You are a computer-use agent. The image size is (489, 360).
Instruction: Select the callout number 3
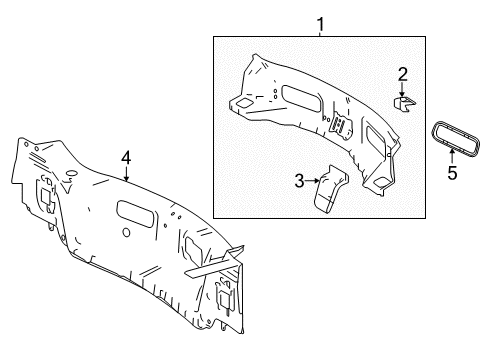click(x=298, y=180)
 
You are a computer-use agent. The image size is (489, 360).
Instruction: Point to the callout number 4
click(x=126, y=156)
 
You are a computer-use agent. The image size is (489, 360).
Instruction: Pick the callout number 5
click(x=451, y=172)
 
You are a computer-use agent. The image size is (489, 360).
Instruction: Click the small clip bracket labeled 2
click(x=403, y=103)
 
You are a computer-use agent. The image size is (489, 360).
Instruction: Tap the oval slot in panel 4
click(x=134, y=211)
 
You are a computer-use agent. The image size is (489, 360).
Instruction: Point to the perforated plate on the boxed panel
click(x=341, y=127)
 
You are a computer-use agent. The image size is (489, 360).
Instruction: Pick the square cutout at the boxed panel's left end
click(x=243, y=103)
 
